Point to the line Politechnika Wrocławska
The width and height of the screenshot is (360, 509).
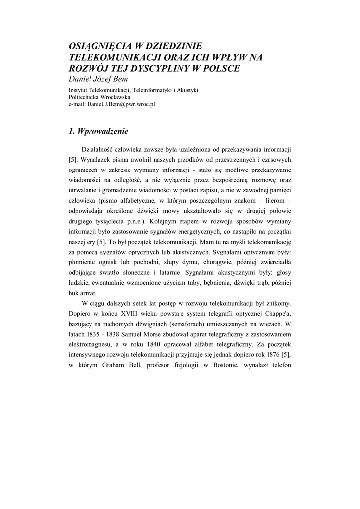[99, 97]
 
